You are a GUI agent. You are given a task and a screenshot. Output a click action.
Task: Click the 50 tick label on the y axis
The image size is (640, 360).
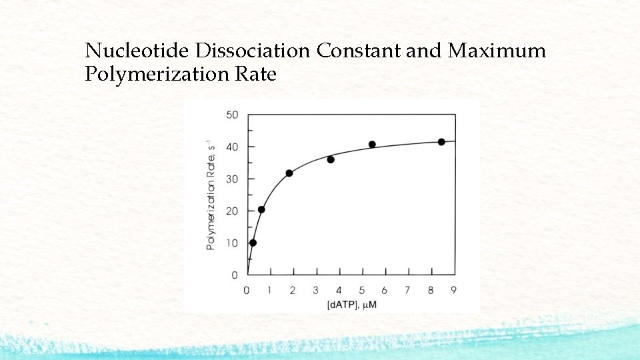click(x=231, y=115)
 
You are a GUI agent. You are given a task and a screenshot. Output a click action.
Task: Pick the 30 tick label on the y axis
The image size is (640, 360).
click(x=231, y=179)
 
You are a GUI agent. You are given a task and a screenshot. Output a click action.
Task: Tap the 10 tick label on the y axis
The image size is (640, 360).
click(x=231, y=243)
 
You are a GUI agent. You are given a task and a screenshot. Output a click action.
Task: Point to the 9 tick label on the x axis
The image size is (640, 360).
click(x=454, y=290)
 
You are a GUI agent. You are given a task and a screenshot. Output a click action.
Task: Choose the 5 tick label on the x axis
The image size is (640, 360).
click(x=362, y=290)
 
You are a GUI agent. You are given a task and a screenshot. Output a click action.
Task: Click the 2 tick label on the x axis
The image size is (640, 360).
click(x=293, y=290)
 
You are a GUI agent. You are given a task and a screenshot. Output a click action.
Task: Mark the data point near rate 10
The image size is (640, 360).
click(x=253, y=243)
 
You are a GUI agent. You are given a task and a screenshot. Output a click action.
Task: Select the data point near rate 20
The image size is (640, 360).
click(x=261, y=209)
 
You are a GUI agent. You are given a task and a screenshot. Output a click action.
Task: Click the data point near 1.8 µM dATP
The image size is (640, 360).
click(x=289, y=173)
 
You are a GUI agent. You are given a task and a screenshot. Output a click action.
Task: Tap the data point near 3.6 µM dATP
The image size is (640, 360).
click(x=331, y=159)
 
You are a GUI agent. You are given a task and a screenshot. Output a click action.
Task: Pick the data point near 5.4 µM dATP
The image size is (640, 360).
click(x=372, y=145)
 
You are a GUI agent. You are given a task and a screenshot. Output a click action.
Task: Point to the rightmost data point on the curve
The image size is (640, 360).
click(x=441, y=142)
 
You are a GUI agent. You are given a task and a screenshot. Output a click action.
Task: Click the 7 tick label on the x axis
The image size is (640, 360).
click(x=408, y=290)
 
